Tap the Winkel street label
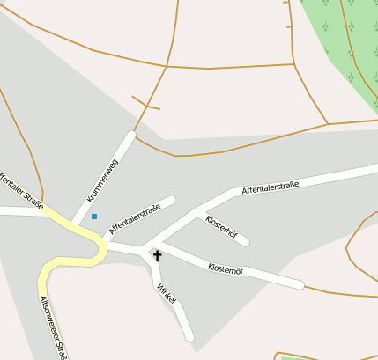click(167, 294)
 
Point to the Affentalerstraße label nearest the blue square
click(134, 219)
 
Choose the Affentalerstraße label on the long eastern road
click(271, 187)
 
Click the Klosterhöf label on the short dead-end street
click(221, 226)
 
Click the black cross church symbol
click(158, 255)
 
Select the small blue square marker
click(94, 216)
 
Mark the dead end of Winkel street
click(189, 337)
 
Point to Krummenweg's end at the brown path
click(132, 135)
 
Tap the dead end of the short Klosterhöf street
click(245, 241)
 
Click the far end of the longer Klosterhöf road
click(300, 284)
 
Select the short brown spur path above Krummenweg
click(145, 103)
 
